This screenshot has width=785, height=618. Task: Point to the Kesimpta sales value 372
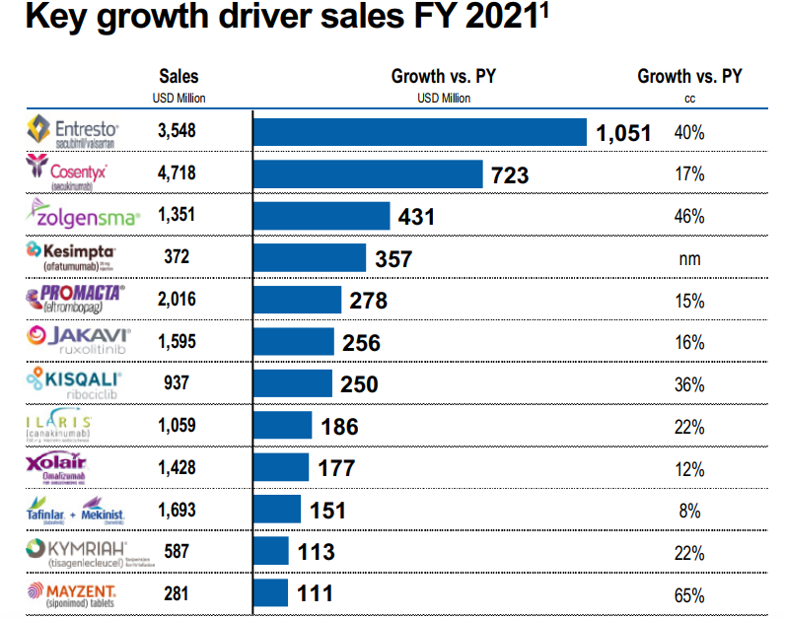(177, 258)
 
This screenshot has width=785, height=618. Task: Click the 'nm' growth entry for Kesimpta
(688, 258)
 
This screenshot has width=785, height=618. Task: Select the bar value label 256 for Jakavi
(361, 342)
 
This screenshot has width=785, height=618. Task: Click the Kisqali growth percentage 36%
(688, 384)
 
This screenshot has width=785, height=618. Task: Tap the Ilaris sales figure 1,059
(177, 426)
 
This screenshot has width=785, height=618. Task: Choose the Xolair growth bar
(281, 467)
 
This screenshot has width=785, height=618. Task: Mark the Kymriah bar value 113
(317, 552)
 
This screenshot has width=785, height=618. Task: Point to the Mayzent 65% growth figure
(688, 594)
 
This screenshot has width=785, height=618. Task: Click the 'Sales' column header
(178, 76)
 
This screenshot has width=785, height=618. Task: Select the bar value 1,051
(623, 133)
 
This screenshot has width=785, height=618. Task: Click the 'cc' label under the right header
(688, 98)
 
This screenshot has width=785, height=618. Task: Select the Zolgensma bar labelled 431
(321, 216)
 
